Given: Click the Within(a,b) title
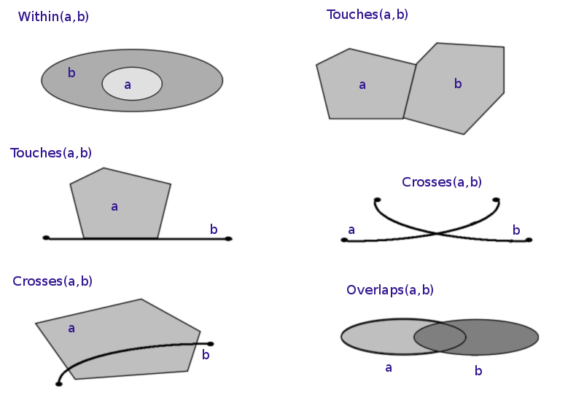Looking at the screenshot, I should (x=53, y=17).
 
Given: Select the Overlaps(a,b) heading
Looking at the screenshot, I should (x=390, y=290).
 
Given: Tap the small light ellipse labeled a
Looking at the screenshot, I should (x=132, y=84).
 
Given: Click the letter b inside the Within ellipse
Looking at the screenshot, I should (x=71, y=73).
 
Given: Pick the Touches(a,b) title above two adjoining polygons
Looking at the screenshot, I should (x=367, y=15).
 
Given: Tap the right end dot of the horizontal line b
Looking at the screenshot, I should (x=228, y=238).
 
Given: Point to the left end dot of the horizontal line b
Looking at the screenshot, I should (x=46, y=238).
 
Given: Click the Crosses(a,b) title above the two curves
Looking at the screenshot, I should (x=442, y=182).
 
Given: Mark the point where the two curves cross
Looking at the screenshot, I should (x=437, y=233).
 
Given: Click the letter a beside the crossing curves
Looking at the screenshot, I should (x=351, y=230).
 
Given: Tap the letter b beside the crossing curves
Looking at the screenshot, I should (x=516, y=231).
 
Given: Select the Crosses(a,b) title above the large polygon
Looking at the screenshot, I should (x=52, y=281).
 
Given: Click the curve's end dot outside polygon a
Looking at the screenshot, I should (x=211, y=344).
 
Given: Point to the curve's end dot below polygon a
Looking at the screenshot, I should (x=59, y=383).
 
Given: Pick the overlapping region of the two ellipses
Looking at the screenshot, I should (x=440, y=337).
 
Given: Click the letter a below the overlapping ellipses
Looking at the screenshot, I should (x=389, y=368).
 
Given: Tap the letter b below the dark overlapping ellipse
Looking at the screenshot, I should (x=478, y=371).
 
